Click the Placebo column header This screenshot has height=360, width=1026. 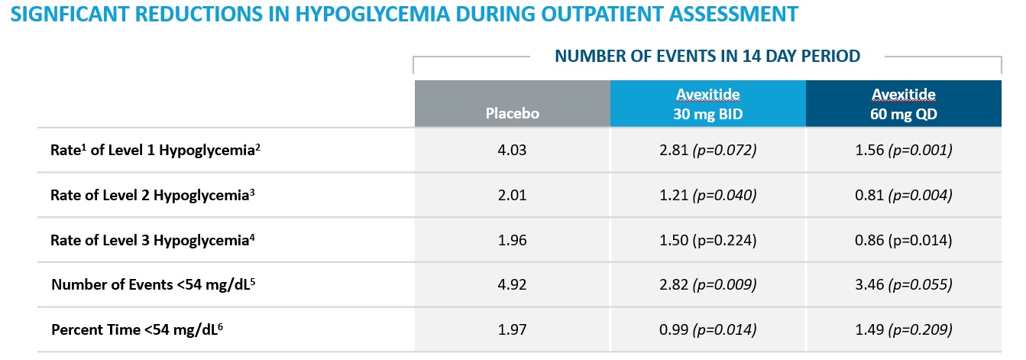[512, 113]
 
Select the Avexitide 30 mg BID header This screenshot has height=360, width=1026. [707, 104]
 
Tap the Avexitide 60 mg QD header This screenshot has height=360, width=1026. [903, 104]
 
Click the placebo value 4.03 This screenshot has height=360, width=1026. [512, 151]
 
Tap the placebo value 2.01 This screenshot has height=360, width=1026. [512, 195]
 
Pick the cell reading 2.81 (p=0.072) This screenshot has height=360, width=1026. [707, 151]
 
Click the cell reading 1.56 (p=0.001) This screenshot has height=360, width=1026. [903, 151]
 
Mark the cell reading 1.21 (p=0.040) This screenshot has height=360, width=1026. [707, 195]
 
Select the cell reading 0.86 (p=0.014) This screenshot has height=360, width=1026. [903, 240]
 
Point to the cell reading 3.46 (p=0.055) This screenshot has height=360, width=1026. [903, 285]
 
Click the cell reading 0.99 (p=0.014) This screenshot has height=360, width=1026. [707, 329]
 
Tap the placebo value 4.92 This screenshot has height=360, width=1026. [512, 285]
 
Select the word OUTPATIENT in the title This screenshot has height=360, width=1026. [613, 14]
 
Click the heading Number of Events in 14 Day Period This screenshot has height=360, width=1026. [707, 56]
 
